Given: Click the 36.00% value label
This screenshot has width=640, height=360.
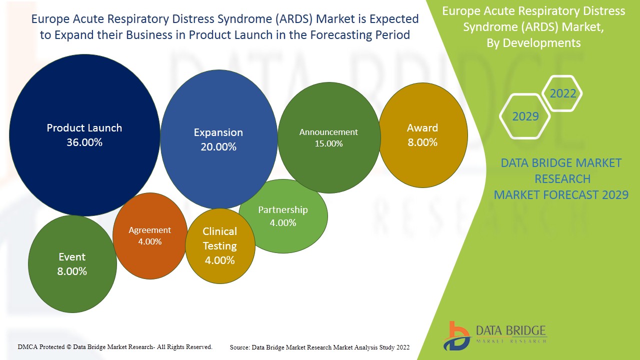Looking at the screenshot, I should (x=84, y=142).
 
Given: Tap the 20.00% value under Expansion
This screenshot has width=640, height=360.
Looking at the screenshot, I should (x=218, y=147).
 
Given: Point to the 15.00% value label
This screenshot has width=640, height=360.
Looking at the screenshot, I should (x=328, y=143).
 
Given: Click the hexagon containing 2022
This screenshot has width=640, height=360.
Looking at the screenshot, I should (x=562, y=93).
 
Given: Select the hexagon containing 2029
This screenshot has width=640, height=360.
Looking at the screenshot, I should (x=525, y=116).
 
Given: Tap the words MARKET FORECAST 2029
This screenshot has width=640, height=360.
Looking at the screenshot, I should (x=561, y=195).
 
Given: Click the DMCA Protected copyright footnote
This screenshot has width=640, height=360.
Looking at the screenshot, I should (x=115, y=346).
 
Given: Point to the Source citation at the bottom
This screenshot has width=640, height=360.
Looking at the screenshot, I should (x=319, y=347).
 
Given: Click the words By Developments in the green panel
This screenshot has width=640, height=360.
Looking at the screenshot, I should (x=533, y=43).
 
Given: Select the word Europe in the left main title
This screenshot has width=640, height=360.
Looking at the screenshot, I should (x=49, y=19).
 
